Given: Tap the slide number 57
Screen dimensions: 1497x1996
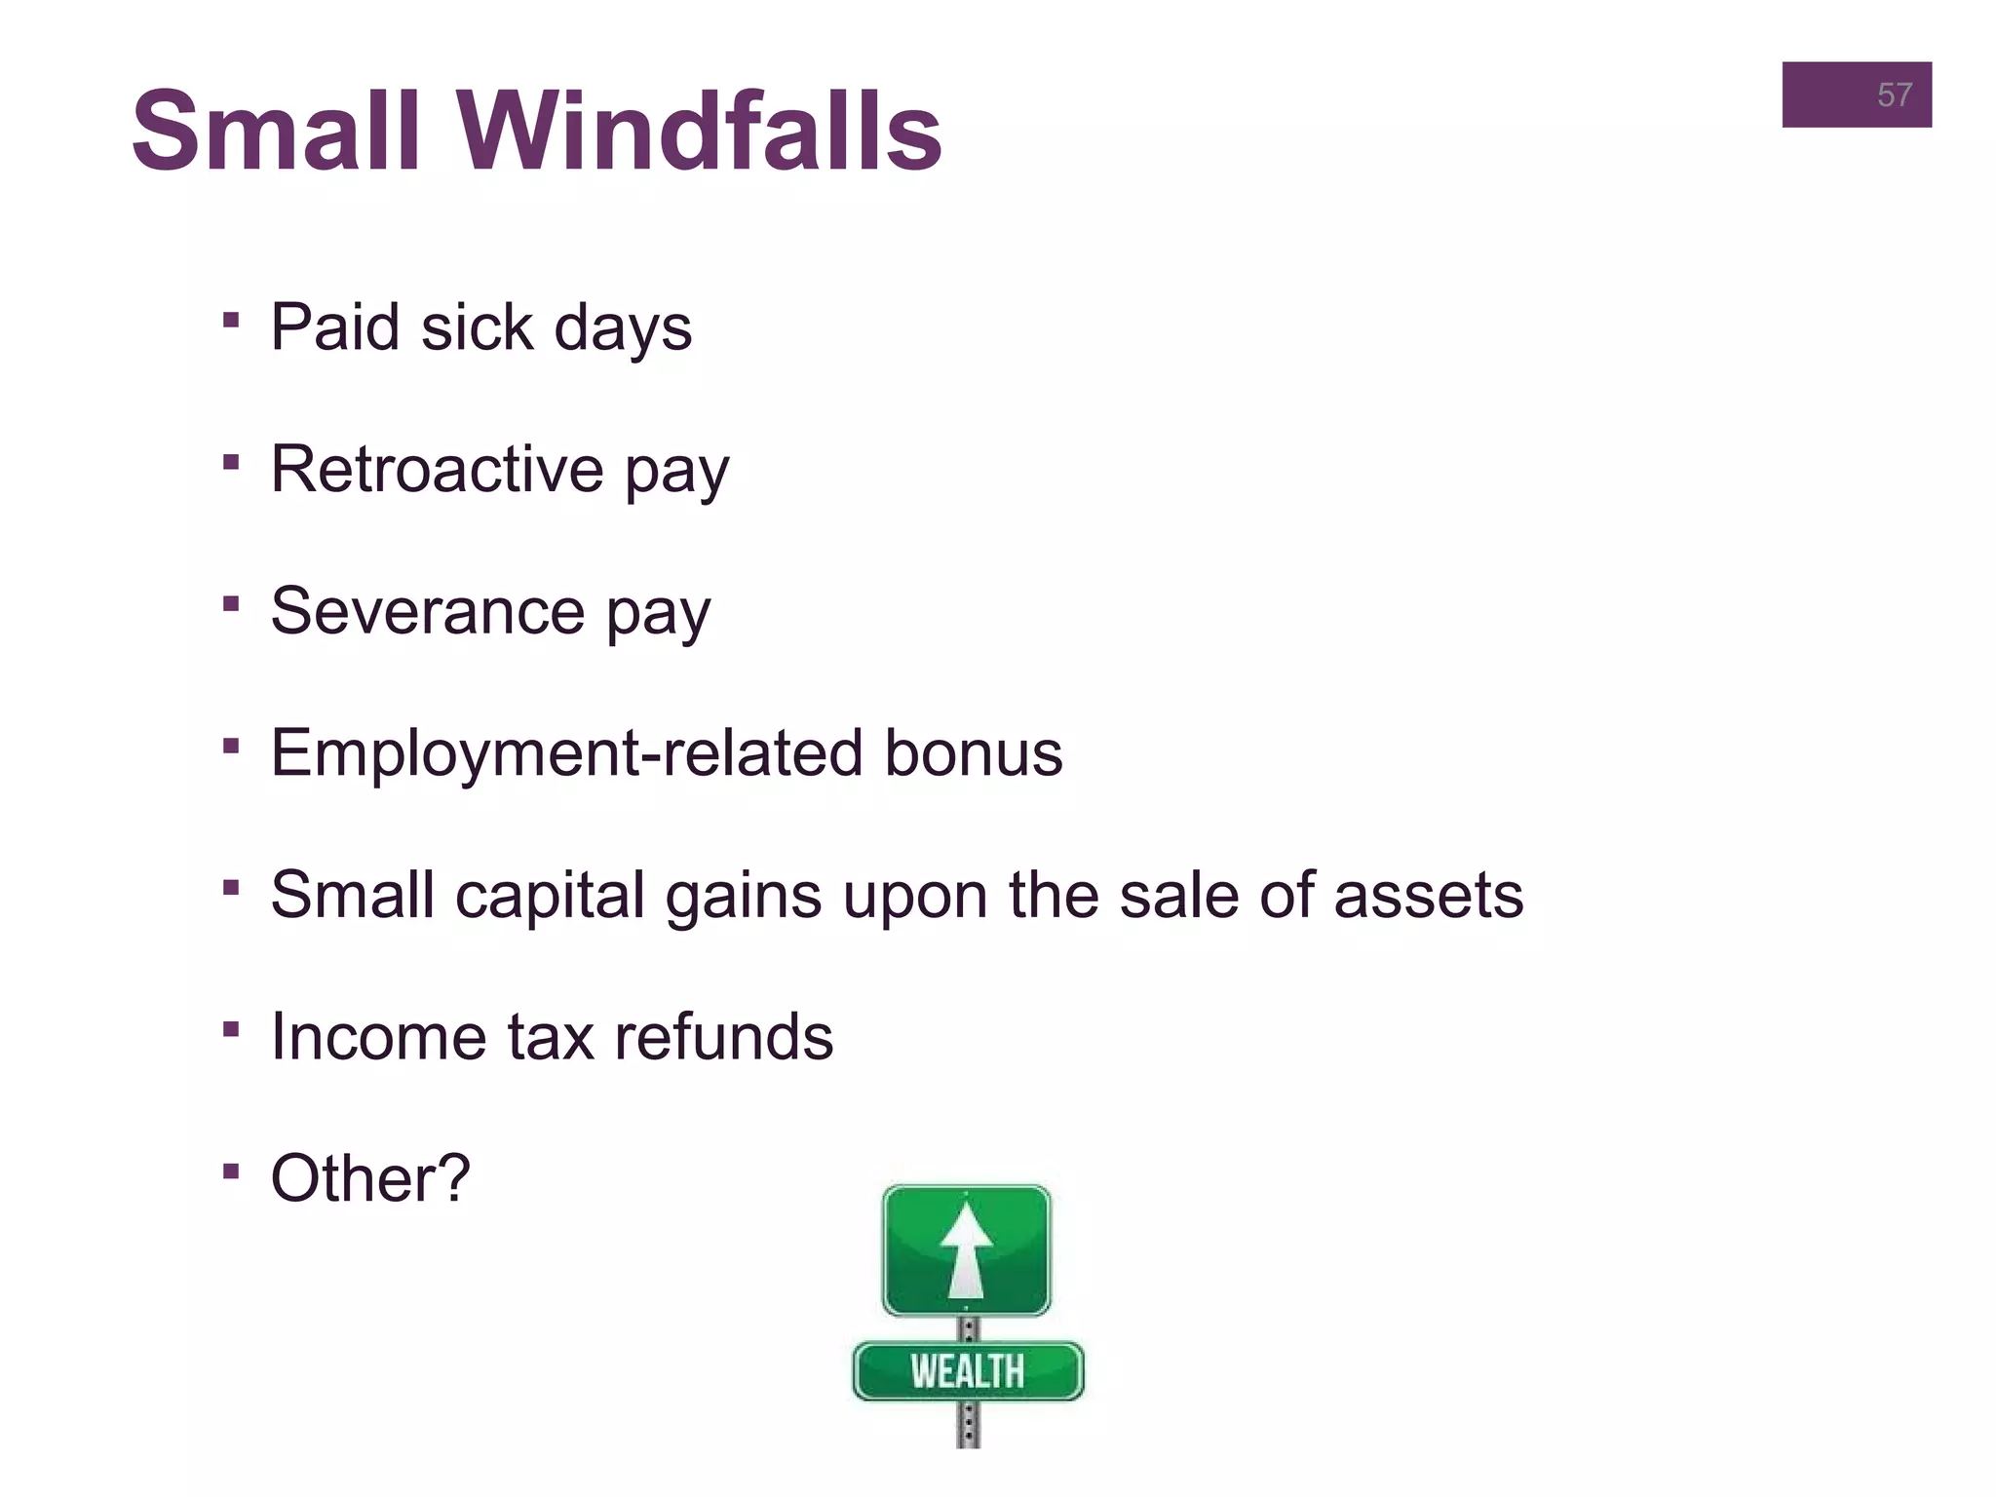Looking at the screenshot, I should pos(1894,96).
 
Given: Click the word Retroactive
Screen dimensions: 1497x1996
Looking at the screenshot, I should pos(437,469).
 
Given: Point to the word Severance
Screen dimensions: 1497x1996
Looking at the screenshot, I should pos(427,611).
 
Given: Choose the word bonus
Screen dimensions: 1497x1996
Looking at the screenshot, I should pos(973,753).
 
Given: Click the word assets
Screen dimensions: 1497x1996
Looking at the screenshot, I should pos(1428,896).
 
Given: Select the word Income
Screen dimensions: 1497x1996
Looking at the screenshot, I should pos(378,1036).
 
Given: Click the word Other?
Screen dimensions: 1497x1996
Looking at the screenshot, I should pos(370,1178).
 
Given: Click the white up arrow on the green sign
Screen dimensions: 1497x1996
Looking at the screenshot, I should pos(966,1250).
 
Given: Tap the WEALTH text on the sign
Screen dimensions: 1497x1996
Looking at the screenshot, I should pos(968,1371).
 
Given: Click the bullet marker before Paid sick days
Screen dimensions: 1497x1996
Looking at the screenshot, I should pos(231,320).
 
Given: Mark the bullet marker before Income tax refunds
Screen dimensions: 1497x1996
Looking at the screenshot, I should pos(231,1029).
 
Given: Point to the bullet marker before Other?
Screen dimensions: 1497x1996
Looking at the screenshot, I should pos(231,1171).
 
